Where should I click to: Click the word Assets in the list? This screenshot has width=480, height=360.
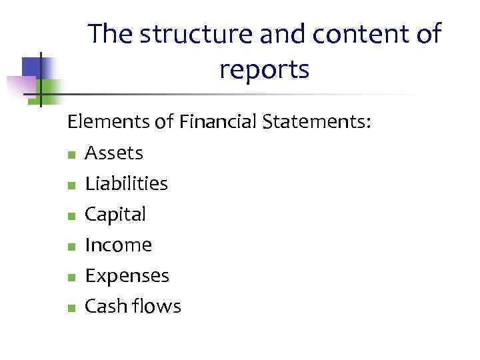click(x=113, y=153)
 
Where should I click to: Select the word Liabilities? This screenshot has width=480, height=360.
click(x=126, y=184)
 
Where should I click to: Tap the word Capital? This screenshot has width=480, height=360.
click(x=115, y=215)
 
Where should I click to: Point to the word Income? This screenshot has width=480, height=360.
click(x=118, y=245)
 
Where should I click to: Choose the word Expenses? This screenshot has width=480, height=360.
click(x=127, y=276)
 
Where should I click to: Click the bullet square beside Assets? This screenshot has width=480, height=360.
click(x=71, y=155)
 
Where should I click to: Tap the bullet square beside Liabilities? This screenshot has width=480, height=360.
click(x=71, y=186)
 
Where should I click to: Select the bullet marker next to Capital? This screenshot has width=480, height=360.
click(x=71, y=217)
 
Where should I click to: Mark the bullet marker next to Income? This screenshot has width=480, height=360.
click(x=71, y=247)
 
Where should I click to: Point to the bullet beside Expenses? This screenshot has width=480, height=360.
click(x=71, y=278)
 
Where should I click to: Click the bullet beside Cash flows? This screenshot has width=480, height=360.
click(x=71, y=309)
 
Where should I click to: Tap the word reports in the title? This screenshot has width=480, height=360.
click(x=264, y=69)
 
